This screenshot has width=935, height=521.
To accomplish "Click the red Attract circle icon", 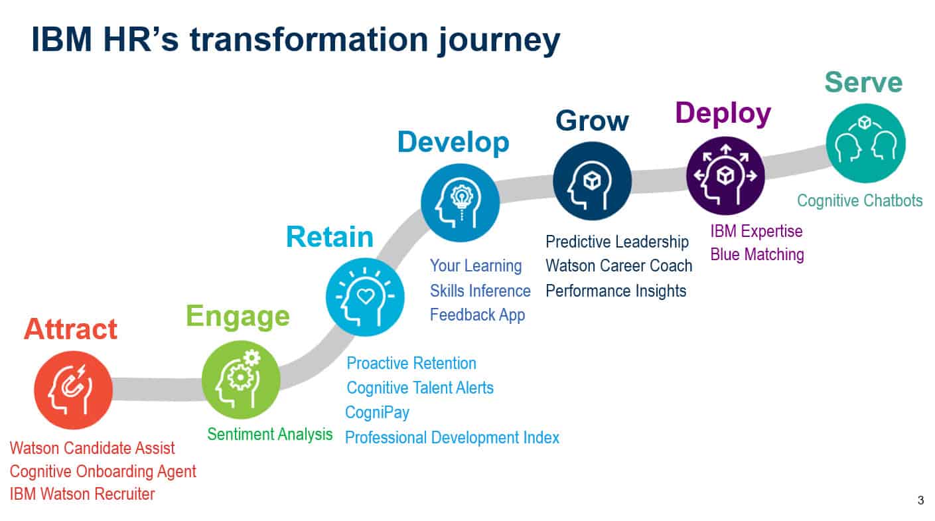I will (x=73, y=390).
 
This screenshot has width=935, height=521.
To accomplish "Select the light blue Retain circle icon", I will (x=365, y=297).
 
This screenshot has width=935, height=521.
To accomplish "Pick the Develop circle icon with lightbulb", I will (x=461, y=202).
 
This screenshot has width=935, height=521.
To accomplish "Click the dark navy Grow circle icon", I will (x=592, y=181).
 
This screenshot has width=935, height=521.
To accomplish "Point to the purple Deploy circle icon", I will (x=725, y=175).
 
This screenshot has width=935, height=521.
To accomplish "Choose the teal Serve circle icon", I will (x=865, y=143).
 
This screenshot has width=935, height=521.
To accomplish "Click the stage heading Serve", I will (x=863, y=82).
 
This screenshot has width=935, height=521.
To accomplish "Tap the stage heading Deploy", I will (x=723, y=113).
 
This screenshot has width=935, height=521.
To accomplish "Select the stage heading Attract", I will (x=70, y=329).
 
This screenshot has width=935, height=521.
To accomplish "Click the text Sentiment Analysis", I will (x=269, y=434).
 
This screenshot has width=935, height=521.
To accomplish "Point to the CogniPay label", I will (x=377, y=412).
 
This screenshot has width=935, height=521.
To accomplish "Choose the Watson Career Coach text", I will (x=618, y=265).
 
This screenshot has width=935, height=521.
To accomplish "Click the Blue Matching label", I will (x=756, y=254).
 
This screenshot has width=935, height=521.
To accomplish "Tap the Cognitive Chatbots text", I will (x=859, y=200).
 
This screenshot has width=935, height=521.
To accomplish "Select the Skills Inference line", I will (x=480, y=291).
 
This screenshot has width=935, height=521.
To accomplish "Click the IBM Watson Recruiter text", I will (x=82, y=494).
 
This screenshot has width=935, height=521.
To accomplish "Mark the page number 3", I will (x=920, y=500).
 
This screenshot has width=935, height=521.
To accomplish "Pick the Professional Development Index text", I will (x=452, y=437).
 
